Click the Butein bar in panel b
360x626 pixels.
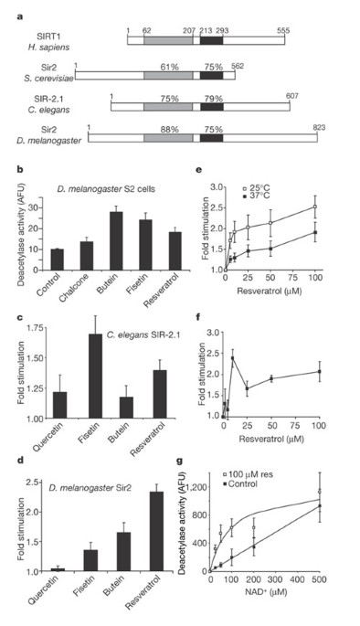[x=117, y=240]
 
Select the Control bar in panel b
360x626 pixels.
[x=57, y=260]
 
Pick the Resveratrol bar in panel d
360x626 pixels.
[x=156, y=531]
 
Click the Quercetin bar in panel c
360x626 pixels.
[x=60, y=405]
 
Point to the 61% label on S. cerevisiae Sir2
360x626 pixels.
[x=169, y=67]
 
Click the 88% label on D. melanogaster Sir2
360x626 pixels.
[x=169, y=130]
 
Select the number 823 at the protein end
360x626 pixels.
[x=319, y=128]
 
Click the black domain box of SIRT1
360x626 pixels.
[x=212, y=40]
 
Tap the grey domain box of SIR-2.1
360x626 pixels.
[x=168, y=107]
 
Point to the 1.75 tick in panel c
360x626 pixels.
[x=34, y=328]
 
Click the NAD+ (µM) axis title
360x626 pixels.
[x=265, y=591]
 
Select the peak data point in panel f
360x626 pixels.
[x=232, y=358]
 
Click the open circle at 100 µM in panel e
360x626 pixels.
[x=315, y=207]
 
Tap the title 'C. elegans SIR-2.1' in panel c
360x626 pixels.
[x=143, y=334]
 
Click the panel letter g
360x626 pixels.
[x=180, y=462]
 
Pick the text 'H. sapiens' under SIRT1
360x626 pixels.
[x=48, y=48]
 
